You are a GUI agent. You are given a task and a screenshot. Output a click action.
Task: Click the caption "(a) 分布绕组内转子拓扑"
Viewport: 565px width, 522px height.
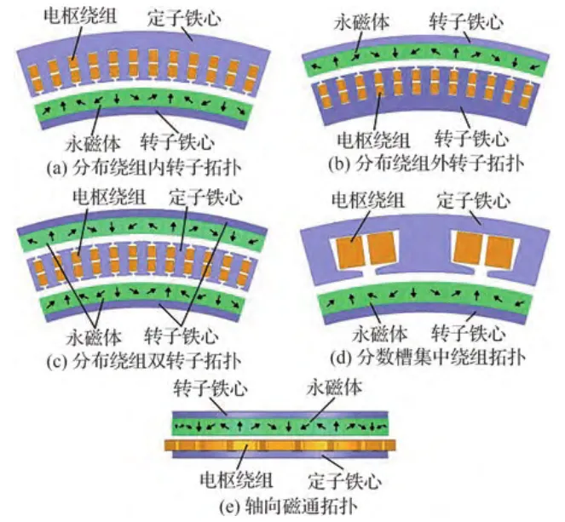click(x=144, y=167)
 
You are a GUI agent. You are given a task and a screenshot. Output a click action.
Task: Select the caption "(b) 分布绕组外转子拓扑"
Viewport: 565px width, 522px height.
click(x=426, y=163)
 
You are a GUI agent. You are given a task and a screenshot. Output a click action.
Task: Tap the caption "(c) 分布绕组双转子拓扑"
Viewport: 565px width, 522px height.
click(x=144, y=360)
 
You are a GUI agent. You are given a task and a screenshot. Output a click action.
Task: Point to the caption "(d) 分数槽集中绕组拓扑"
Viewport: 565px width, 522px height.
click(x=428, y=357)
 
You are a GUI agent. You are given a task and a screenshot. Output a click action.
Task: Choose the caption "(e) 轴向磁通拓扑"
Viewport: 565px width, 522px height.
click(x=289, y=506)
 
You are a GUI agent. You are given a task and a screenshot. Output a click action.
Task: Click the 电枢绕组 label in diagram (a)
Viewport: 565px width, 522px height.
click(x=80, y=16)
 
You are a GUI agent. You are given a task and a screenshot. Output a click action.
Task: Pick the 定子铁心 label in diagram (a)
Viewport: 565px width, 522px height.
click(x=184, y=18)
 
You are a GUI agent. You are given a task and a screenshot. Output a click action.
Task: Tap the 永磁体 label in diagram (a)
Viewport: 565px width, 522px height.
click(x=93, y=143)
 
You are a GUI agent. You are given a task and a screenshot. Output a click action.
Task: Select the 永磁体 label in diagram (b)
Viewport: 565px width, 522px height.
click(x=361, y=21)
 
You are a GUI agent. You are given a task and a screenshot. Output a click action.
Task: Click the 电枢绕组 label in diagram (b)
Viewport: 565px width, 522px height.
click(x=373, y=140)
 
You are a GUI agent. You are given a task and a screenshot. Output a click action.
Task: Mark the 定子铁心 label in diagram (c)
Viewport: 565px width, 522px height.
click(x=205, y=197)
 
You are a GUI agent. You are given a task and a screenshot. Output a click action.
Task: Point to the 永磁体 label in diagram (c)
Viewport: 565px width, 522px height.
click(x=94, y=336)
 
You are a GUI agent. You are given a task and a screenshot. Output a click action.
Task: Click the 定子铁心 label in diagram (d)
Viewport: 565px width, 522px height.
click(x=474, y=200)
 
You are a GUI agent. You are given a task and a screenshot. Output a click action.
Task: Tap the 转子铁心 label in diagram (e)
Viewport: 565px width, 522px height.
click(x=210, y=388)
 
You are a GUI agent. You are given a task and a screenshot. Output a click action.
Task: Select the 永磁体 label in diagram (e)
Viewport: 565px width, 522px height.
click(x=334, y=387)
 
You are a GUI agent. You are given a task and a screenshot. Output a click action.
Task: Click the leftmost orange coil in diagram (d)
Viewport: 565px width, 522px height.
click(x=350, y=252)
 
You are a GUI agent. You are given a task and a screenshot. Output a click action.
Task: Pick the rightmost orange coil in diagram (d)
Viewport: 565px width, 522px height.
click(x=499, y=252)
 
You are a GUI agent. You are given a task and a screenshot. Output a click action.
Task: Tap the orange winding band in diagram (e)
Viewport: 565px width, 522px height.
click(x=280, y=445)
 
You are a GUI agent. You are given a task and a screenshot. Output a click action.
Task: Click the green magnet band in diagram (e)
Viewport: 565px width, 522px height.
click(x=280, y=427)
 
